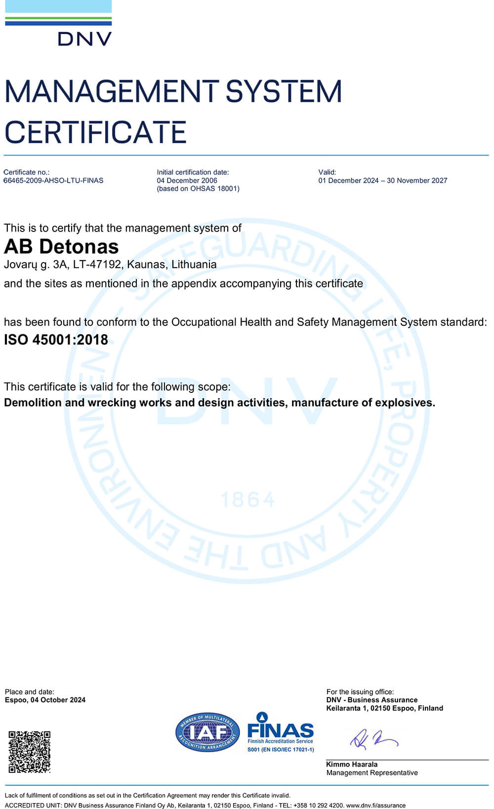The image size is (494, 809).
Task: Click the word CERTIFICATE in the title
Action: (95, 132)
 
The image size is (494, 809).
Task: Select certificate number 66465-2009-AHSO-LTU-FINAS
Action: (53, 181)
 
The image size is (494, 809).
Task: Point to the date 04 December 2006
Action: (187, 181)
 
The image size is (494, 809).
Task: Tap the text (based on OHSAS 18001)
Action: (198, 189)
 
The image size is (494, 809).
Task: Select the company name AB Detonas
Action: (61, 246)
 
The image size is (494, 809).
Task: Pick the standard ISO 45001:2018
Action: (56, 340)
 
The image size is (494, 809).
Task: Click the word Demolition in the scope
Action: (33, 403)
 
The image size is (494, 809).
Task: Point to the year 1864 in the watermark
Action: (247, 500)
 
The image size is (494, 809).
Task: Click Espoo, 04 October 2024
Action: (45, 700)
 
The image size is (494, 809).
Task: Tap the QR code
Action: (30, 752)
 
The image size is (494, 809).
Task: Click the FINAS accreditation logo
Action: (280, 732)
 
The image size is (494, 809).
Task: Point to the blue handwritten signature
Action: (373, 739)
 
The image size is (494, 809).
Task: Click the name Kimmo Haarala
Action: (351, 765)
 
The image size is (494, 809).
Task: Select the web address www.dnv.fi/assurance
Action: (375, 806)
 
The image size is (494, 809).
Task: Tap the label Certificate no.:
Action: (26, 172)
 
